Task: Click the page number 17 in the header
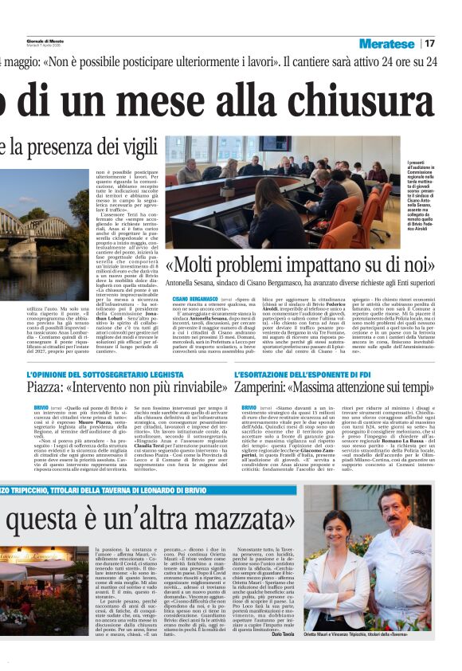[x=430, y=43]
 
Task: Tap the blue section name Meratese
[x=386, y=43]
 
